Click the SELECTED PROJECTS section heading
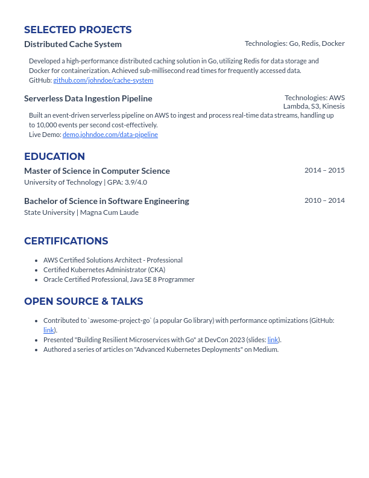[x=78, y=30]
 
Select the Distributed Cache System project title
[x=73, y=44]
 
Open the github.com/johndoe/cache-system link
[x=103, y=80]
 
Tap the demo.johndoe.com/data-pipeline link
[x=110, y=135]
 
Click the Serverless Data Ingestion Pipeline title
[x=88, y=98]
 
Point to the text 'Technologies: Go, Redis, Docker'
[x=294, y=43]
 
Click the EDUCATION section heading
[x=54, y=157]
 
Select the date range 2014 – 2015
[x=324, y=170]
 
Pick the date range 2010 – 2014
[x=324, y=200]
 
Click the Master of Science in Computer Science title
[x=97, y=171]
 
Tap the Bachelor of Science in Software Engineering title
[x=107, y=201]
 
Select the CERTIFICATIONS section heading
[x=66, y=241]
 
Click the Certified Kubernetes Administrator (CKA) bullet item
[x=104, y=270]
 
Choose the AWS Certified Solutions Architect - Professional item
[x=113, y=260]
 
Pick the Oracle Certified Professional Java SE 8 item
[x=119, y=279]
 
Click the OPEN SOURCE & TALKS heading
[x=84, y=302]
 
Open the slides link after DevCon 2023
[x=273, y=340]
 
